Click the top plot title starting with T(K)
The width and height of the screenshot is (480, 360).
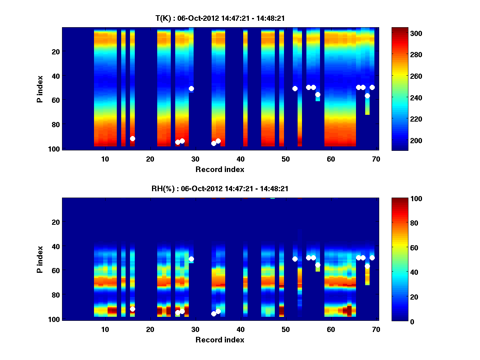coord(220,18)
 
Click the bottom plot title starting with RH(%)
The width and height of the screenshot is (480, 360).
coord(220,189)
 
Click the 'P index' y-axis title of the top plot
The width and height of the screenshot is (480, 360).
coord(40,88)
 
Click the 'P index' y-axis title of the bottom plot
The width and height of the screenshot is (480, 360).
coord(40,259)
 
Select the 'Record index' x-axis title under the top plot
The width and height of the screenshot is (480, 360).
coord(220,169)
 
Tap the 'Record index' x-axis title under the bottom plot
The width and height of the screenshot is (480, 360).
coord(220,340)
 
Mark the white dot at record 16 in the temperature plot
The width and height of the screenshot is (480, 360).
coord(132,138)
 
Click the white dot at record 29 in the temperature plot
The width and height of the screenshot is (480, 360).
coord(191,88)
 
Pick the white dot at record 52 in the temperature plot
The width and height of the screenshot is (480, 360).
coord(295,88)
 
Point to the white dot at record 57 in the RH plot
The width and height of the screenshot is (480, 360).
coord(318,265)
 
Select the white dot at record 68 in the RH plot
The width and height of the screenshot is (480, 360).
coord(367,266)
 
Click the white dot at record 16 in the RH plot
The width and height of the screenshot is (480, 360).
coord(132,309)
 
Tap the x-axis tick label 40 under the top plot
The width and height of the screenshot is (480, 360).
coord(240,159)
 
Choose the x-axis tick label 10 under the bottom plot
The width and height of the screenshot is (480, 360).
coord(105,329)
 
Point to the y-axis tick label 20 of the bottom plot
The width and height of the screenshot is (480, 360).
coord(56,222)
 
